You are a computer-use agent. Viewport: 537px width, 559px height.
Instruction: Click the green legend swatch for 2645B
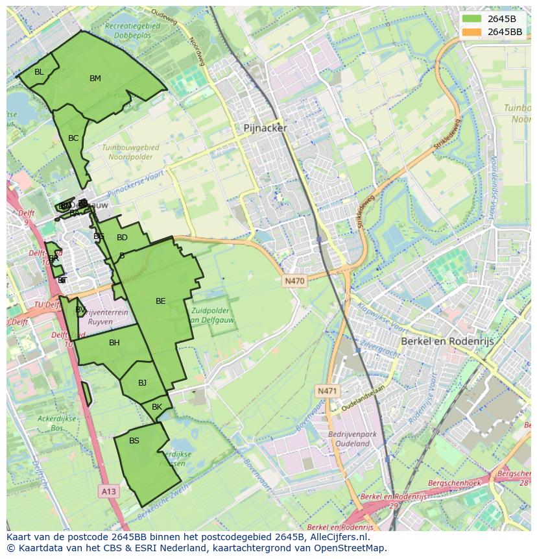point(472,19)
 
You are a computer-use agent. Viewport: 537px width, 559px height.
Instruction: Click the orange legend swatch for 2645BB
point(472,32)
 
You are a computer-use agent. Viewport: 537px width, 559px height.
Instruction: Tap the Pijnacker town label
point(265,129)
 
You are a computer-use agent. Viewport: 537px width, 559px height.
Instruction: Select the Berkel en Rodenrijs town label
point(447,341)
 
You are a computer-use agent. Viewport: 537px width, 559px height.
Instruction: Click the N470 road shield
point(294,281)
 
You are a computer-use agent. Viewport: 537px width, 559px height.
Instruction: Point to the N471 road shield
point(328,391)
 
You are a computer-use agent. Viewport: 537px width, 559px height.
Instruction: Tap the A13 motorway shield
point(108,491)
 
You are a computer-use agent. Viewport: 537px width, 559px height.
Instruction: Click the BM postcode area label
point(95,79)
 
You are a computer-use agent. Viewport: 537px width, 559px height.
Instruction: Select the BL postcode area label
point(39,72)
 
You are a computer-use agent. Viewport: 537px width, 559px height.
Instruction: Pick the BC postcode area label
point(73,138)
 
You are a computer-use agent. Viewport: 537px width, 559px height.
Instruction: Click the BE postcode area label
point(161,301)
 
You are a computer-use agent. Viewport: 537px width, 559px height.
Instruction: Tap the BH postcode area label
point(114,343)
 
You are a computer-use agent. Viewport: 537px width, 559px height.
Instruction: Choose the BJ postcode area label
point(143,382)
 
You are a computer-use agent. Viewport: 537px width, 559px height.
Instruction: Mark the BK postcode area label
point(157,407)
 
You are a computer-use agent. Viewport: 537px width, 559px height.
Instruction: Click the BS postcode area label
point(134,441)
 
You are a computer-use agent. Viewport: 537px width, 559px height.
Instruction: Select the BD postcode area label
point(122,238)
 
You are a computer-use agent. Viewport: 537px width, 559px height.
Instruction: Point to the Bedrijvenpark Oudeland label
point(348,438)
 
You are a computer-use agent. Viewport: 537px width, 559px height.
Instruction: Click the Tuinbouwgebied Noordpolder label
point(130,152)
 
